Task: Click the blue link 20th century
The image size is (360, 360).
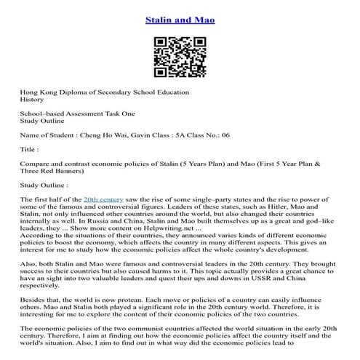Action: point(102,199)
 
